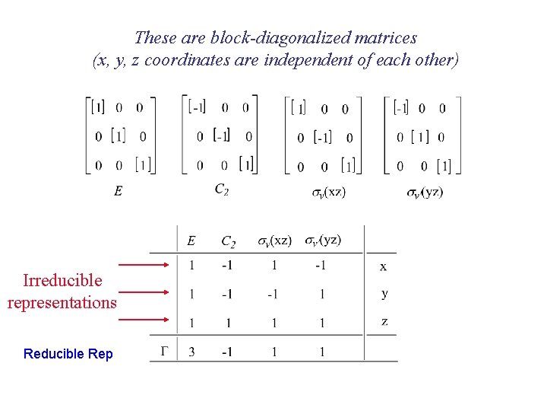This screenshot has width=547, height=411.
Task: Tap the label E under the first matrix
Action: tap(118, 192)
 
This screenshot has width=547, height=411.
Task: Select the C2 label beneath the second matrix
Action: tap(222, 190)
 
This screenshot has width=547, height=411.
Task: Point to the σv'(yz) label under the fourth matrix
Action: tap(425, 193)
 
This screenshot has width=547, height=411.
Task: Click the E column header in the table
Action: tap(191, 241)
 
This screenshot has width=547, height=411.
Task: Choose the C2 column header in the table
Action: tap(228, 242)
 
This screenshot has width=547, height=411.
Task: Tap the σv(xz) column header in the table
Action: tap(274, 241)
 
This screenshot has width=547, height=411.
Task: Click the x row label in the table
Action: tap(383, 266)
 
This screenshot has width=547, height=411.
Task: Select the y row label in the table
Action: tap(384, 294)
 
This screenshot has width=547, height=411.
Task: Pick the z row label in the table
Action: tap(384, 322)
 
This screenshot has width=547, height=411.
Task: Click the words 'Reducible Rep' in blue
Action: tap(68, 354)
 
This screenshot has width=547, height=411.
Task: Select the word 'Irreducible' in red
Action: tap(62, 280)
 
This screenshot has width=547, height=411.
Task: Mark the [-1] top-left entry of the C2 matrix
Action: tap(197, 107)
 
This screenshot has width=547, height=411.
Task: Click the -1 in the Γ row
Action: tap(226, 352)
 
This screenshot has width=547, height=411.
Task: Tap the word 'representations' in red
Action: tap(62, 302)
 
